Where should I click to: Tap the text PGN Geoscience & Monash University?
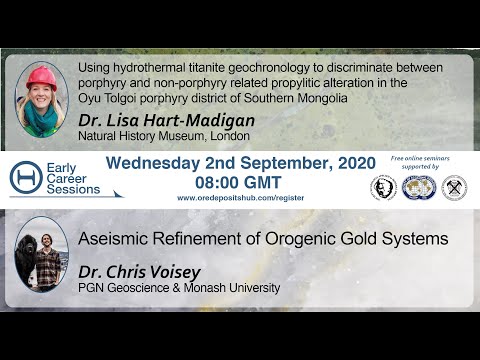pos(180,289)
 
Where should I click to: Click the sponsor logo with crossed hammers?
pos(454,187)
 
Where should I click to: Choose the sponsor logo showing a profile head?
pos(383,187)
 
